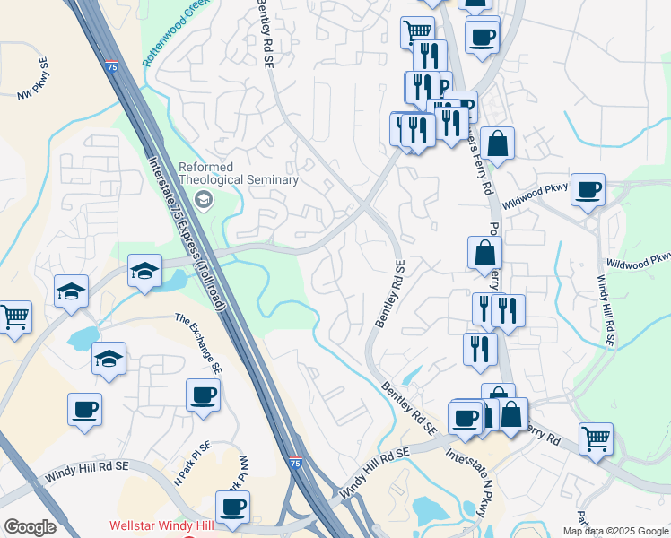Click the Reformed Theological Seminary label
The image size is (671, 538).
238,173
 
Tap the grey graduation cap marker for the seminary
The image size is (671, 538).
205,199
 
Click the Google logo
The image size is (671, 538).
30,527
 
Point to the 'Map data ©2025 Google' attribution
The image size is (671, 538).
615,531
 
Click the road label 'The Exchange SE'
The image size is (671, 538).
199,343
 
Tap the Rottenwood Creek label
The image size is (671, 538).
175,34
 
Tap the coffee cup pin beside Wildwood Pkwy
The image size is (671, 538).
588,190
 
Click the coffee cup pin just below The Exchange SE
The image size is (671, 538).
203,395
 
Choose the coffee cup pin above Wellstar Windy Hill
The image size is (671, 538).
232,507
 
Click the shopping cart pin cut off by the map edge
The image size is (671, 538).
13,317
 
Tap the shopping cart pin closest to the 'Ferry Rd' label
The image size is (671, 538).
596,439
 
